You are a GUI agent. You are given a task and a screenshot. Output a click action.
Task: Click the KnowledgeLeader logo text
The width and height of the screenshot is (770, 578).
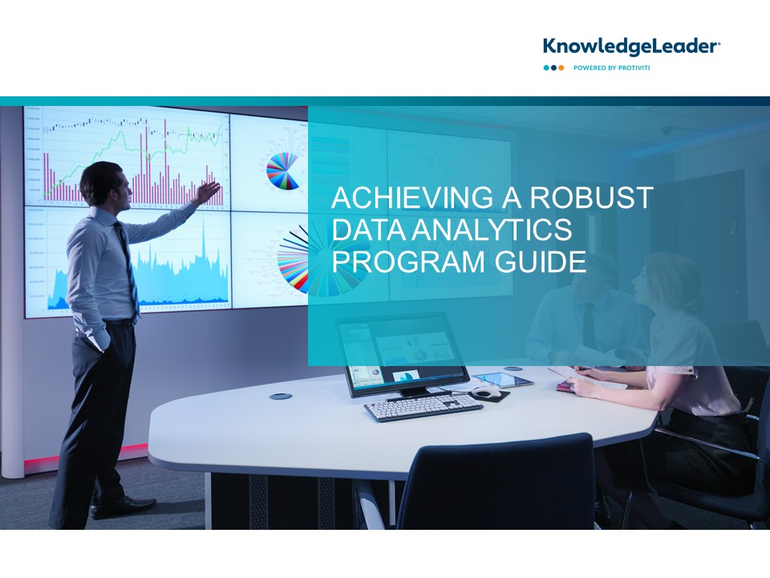pos(631,47)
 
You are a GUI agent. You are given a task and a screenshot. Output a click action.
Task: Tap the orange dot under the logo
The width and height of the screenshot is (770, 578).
pos(561,67)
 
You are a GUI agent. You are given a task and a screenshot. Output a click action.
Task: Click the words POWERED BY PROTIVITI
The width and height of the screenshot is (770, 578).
pos(611,67)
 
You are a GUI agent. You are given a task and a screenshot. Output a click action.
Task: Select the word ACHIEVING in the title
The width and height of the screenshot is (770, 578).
pos(412,197)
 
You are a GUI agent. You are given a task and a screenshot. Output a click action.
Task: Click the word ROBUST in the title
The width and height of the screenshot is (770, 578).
pos(591,197)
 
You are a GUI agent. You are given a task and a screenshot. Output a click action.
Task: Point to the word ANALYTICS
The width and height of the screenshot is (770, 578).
pos(492,229)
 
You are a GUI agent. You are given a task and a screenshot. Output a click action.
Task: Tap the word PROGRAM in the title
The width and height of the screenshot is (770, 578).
pos(408,261)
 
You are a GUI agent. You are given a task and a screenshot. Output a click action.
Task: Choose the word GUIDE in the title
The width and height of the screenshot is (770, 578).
pos(541,261)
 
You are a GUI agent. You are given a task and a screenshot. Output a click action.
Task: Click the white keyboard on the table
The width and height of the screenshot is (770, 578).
pos(423,407)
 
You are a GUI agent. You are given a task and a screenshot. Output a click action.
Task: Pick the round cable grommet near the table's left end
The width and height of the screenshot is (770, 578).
pos(281,396)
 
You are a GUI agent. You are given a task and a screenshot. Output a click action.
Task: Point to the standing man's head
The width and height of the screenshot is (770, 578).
pos(107,184)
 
